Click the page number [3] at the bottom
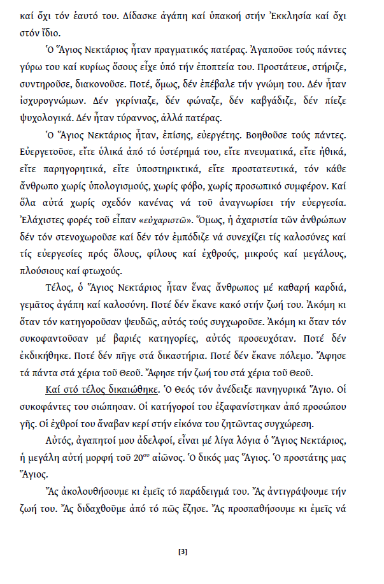[x=183, y=552]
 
